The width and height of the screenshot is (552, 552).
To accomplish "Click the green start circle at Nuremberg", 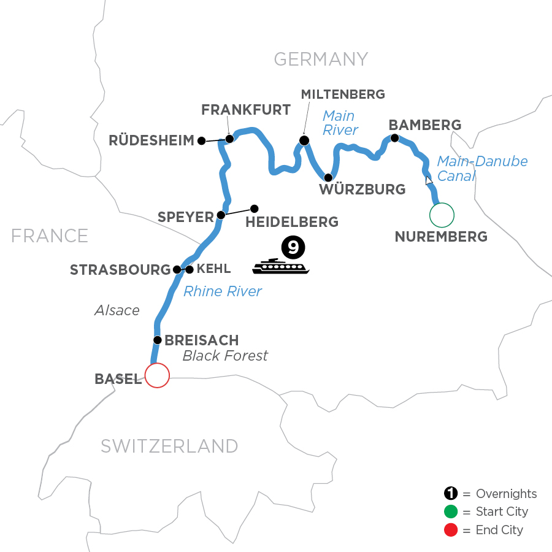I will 442,215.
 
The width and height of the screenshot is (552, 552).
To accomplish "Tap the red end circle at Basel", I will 156,375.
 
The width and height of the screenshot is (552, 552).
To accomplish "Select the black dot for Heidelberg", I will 255,208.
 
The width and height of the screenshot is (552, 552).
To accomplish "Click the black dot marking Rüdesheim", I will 201,140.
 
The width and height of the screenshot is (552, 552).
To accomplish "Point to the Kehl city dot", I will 190,269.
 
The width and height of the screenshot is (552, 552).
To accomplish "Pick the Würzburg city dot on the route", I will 328,178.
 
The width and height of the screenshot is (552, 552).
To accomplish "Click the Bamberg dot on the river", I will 395,138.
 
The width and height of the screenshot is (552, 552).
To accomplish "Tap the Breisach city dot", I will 158,340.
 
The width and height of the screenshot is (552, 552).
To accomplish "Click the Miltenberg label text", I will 343,94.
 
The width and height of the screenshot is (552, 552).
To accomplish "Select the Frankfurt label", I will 246,110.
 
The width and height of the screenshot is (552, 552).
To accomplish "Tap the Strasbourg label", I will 120,270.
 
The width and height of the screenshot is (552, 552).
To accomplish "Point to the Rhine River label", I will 223,292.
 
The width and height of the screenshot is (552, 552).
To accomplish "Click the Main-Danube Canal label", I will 481,169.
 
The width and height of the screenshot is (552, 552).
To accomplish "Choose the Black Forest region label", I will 225,356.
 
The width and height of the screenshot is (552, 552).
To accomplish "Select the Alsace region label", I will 117,310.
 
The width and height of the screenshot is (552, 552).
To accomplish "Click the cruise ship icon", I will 281,266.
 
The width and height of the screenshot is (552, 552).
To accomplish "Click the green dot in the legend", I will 451,512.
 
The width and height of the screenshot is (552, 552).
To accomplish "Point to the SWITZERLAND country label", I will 169,446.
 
